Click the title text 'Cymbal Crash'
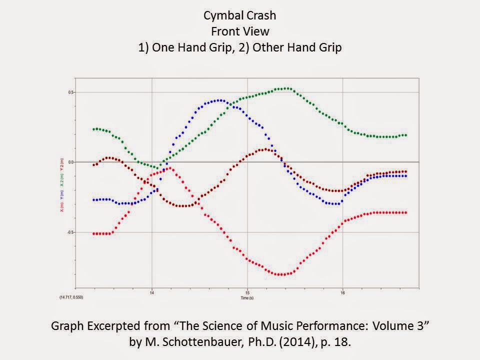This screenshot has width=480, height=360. [x=239, y=15]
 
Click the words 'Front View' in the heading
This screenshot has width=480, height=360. [x=239, y=31]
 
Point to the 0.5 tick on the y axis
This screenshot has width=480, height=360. [x=71, y=92]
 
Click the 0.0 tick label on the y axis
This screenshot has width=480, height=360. [x=71, y=162]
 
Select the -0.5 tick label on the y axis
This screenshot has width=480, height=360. [x=71, y=232]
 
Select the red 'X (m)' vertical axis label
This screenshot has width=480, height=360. [x=61, y=207]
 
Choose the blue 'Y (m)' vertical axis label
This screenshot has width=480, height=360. [x=61, y=194]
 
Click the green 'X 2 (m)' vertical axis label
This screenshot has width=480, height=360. [x=61, y=178]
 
